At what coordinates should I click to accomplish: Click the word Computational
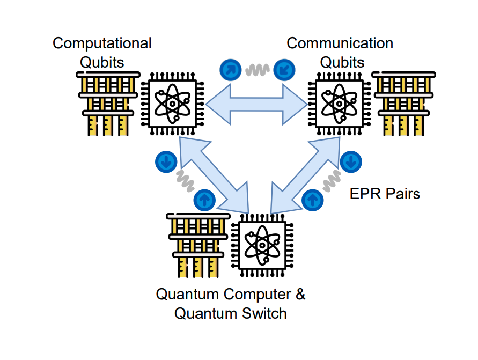point(102,43)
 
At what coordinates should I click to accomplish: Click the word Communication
point(340,43)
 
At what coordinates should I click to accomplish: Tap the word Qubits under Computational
point(102,62)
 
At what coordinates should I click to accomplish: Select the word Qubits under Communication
point(342,62)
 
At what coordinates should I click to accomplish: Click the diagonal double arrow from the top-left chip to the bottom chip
point(215,174)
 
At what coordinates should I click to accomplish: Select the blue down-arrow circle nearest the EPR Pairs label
point(351,161)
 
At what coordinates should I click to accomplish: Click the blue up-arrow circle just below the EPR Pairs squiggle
point(312,200)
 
